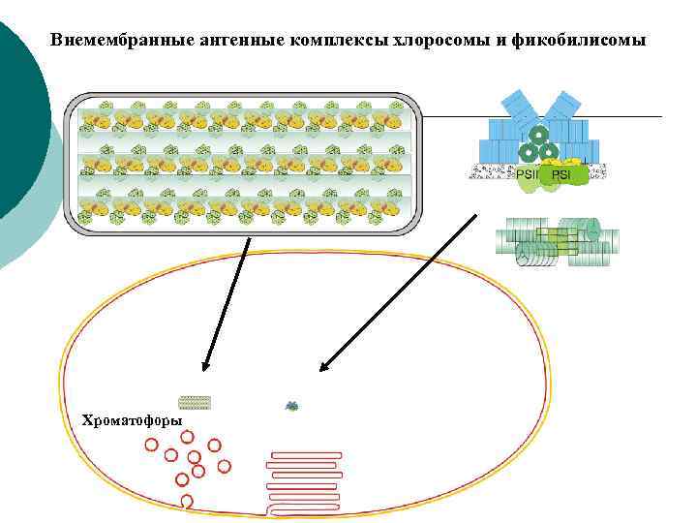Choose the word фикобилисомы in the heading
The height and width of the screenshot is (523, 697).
click(583, 42)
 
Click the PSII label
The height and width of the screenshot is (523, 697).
click(527, 175)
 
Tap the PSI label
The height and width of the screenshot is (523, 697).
click(561, 175)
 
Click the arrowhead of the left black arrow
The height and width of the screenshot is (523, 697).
click(204, 366)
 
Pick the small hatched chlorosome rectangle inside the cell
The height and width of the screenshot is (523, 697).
click(195, 402)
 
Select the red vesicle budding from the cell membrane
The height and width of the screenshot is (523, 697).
click(187, 501)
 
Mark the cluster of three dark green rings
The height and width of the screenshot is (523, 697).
click(538, 146)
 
